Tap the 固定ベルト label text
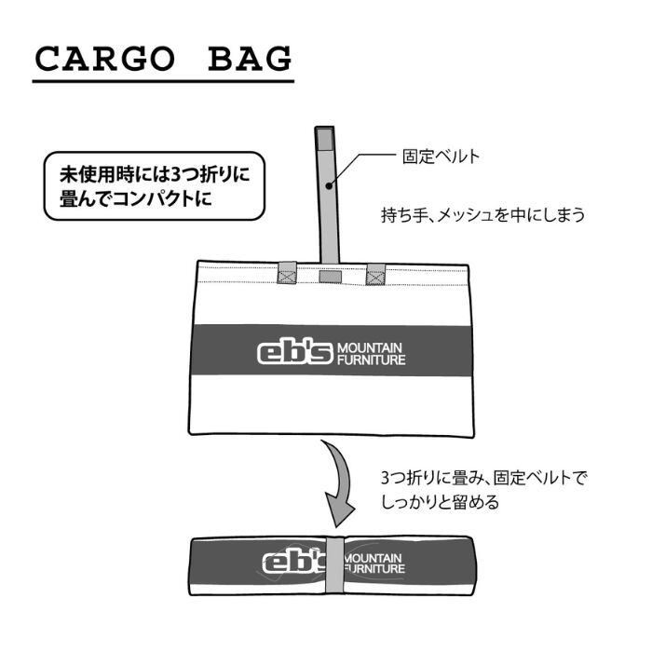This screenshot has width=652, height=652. (x=441, y=156)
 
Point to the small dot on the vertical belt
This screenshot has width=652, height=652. (x=330, y=184)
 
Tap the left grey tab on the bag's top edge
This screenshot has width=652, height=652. (x=288, y=273)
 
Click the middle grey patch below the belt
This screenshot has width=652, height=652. (x=331, y=276)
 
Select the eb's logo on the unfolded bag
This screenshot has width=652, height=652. (x=294, y=353)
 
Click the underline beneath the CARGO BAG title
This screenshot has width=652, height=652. (x=163, y=83)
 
